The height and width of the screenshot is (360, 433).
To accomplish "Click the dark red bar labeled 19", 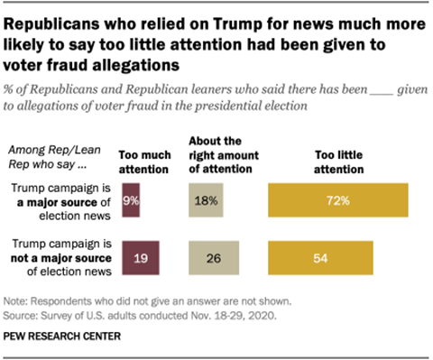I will [x=140, y=257].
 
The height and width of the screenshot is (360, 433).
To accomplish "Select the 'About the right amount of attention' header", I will [x=216, y=153].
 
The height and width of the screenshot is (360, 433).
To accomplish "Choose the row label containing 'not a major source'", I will [x=61, y=257].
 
